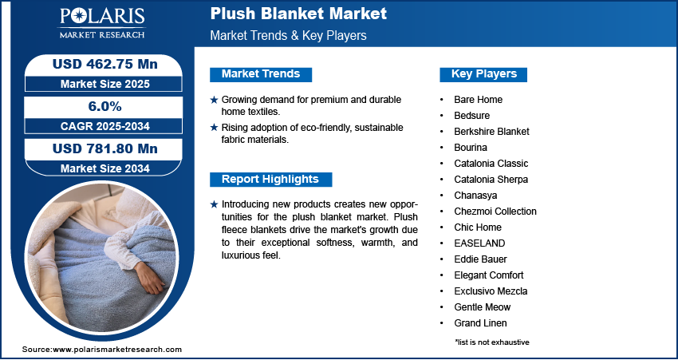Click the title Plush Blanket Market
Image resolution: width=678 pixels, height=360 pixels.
click(298, 14)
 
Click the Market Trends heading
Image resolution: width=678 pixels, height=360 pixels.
click(260, 74)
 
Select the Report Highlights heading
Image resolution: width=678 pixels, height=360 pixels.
click(270, 180)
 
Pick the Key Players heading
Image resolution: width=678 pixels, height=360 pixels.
click(483, 74)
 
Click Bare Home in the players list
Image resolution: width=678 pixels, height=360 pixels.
click(478, 100)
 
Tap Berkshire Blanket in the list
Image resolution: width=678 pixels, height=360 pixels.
click(491, 132)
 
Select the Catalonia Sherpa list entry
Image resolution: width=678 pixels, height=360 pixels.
click(491, 180)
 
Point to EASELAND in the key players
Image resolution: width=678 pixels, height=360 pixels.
click(479, 243)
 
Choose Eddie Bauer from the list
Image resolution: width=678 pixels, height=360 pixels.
click(480, 259)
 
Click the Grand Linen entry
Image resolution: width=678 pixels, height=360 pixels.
click(480, 323)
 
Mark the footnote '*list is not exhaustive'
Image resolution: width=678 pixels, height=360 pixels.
click(492, 342)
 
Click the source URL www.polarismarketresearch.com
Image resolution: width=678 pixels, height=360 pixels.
click(117, 350)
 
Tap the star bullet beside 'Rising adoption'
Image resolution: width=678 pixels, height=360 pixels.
click(214, 128)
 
